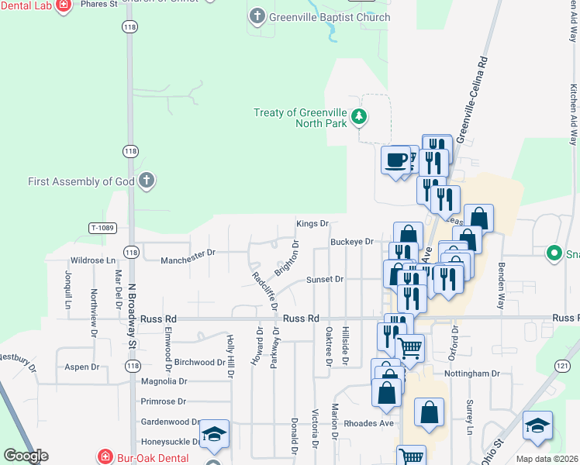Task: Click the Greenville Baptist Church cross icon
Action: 257,15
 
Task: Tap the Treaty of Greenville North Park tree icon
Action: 358,117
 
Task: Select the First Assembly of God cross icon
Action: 147,181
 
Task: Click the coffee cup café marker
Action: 396,160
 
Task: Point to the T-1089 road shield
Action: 102,228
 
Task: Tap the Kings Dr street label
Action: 312,223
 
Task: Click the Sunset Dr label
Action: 324,279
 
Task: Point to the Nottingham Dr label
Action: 473,374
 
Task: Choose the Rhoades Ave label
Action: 375,423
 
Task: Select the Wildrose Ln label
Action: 92,260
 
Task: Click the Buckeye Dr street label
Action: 352,242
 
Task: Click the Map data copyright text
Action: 547,459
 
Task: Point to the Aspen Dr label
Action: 82,367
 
